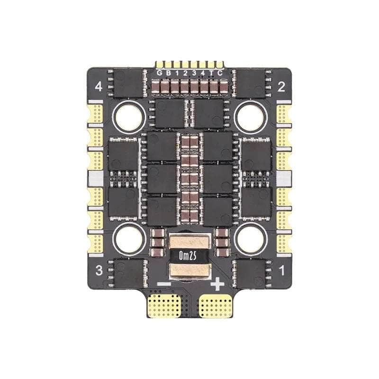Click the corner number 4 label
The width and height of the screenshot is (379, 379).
[99, 87]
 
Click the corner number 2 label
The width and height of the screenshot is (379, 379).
[280, 87]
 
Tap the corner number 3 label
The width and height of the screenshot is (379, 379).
[99, 271]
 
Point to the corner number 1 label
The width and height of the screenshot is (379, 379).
[281, 271]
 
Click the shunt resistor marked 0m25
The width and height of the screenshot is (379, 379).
[189, 256]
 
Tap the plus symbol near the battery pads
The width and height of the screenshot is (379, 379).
[217, 284]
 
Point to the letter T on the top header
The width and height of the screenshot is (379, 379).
[212, 73]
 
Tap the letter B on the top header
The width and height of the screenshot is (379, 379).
[168, 73]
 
